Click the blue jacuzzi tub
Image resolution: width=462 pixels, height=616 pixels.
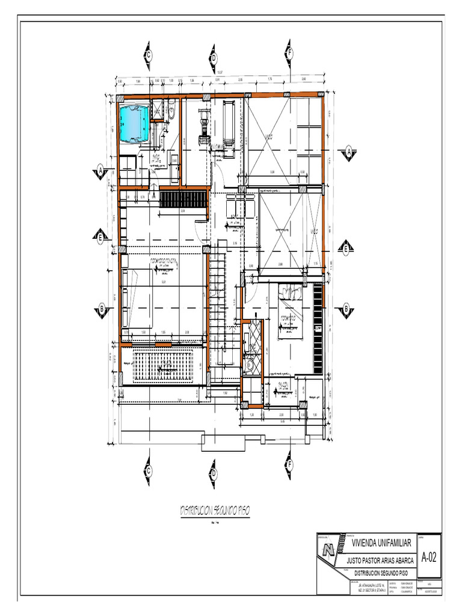pyautogui.click(x=134, y=123)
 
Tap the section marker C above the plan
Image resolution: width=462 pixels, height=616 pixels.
pyautogui.click(x=147, y=55)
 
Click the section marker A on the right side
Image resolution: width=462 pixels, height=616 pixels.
pyautogui.click(x=348, y=153)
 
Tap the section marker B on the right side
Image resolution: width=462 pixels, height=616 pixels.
pyautogui.click(x=346, y=310)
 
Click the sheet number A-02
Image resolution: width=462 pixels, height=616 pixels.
pyautogui.click(x=430, y=557)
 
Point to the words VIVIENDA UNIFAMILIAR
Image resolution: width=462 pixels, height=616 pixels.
pyautogui.click(x=381, y=543)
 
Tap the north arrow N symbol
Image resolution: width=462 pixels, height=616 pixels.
pyautogui.click(x=328, y=549)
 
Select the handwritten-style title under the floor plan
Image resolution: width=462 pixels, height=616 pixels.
pyautogui.click(x=215, y=510)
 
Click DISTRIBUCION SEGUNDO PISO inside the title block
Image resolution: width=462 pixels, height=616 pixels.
pyautogui.click(x=381, y=573)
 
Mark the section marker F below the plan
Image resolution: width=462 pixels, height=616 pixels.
pyautogui.click(x=289, y=464)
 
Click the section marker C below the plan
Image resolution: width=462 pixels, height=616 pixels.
pyautogui.click(x=147, y=470)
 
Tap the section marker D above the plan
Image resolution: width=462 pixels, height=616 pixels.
pyautogui.click(x=213, y=58)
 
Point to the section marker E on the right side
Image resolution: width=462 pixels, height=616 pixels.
pyautogui.click(x=346, y=248)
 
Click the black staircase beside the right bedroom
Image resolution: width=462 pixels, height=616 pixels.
pyautogui.click(x=318, y=328)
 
